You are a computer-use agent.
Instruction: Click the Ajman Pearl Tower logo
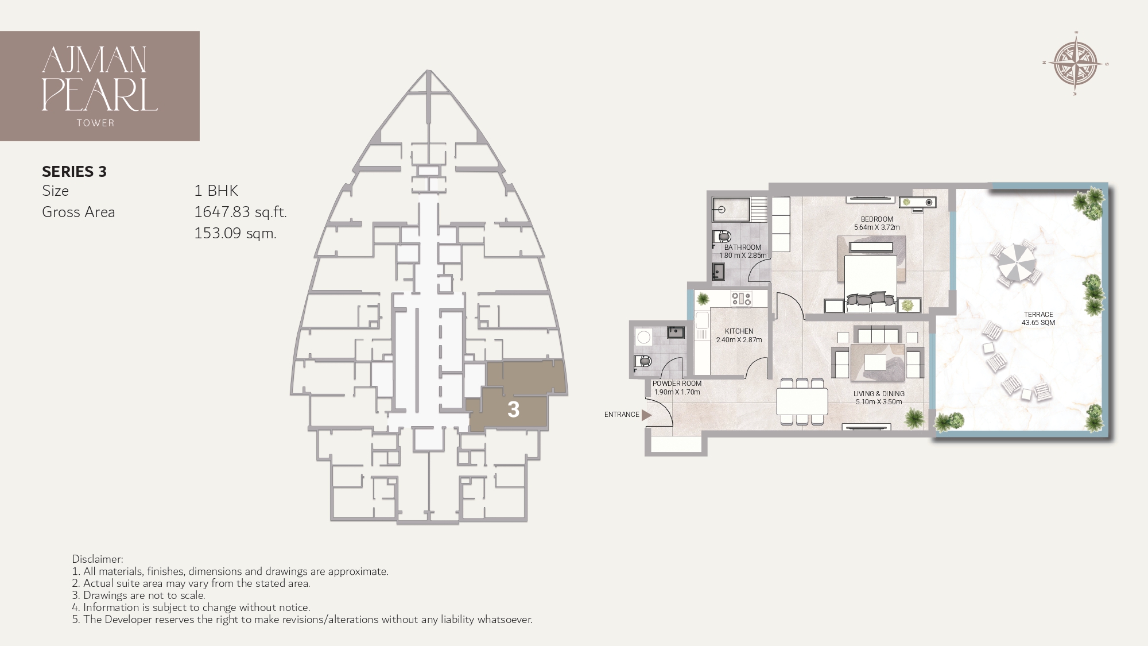[x=99, y=86]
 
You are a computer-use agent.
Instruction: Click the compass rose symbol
[x=1076, y=64]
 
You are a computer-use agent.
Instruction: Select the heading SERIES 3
[x=74, y=172]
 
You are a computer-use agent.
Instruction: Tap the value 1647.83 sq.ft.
[x=240, y=212]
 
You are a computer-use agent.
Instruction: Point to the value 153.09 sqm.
[x=235, y=234]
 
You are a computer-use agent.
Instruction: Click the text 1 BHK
[x=216, y=191]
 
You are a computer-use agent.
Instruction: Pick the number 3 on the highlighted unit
[x=513, y=409]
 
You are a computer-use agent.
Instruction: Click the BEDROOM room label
[x=876, y=219]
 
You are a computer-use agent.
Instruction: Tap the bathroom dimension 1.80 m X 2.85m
[x=743, y=255]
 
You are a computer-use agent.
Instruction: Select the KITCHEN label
[x=739, y=331]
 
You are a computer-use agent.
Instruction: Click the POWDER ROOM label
[x=677, y=384]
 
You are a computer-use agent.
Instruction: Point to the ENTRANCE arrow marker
[x=646, y=415]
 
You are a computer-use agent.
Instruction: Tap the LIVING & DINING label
[x=878, y=394]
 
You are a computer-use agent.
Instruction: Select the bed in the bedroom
[x=870, y=276]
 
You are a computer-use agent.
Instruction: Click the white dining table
[x=802, y=401]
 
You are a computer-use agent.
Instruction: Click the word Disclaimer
[x=98, y=559]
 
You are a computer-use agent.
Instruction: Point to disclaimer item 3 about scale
[x=144, y=595]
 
